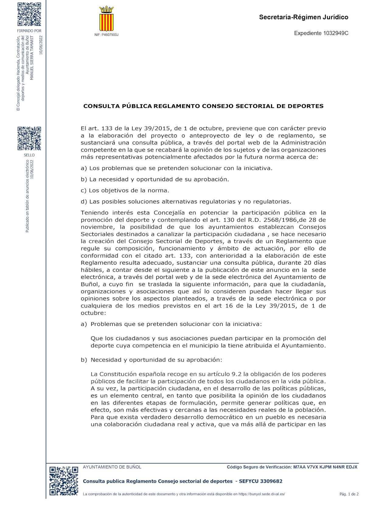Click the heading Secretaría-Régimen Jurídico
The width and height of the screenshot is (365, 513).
[304, 17]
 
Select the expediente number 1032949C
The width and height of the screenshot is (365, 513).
[335, 33]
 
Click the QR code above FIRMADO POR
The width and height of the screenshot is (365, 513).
[29, 14]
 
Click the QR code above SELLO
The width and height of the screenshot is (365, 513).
[29, 139]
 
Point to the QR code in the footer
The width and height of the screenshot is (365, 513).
[64, 481]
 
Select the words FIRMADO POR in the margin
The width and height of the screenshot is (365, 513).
[29, 31]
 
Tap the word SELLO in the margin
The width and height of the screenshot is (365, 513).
[29, 155]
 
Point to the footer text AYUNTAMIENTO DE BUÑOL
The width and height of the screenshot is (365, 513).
[112, 467]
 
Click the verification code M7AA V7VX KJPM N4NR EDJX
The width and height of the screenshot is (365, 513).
[325, 467]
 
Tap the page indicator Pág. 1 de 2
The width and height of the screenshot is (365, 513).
[349, 494]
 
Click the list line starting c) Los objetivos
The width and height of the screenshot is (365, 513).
[125, 191]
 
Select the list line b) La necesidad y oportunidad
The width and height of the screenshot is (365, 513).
[155, 179]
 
